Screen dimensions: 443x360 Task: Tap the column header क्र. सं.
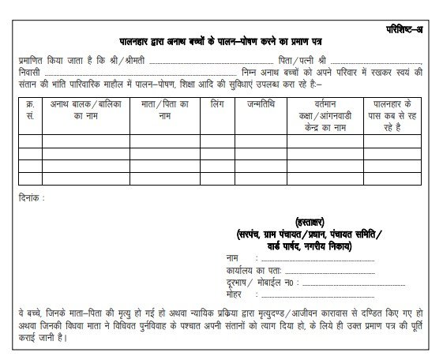pyautogui.click(x=30, y=108)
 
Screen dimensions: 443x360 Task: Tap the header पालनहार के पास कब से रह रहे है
pyautogui.click(x=395, y=114)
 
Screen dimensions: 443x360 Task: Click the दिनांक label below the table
pyautogui.click(x=32, y=197)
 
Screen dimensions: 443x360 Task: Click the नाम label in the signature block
pyautogui.click(x=234, y=257)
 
